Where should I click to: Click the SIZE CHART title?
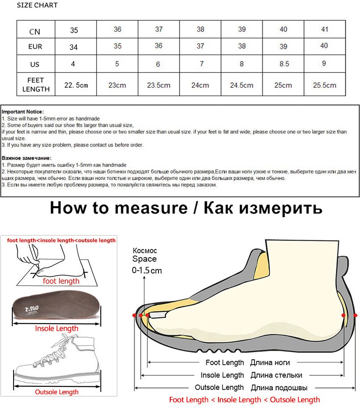tap(37, 6)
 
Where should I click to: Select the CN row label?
tap(35, 31)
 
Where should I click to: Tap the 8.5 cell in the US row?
tap(283, 64)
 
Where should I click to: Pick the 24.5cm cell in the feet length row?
tap(241, 85)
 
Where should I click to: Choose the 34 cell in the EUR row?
tap(74, 47)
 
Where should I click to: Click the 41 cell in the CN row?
tap(324, 29)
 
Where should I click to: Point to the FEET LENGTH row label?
tap(36, 85)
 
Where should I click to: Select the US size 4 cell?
tap(73, 64)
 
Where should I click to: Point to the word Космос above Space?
tap(144, 251)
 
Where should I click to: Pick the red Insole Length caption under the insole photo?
tap(57, 328)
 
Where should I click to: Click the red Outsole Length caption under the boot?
tap(56, 392)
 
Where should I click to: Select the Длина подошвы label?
tap(279, 387)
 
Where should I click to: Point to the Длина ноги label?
tap(270, 362)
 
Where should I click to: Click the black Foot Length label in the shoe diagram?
tap(224, 362)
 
